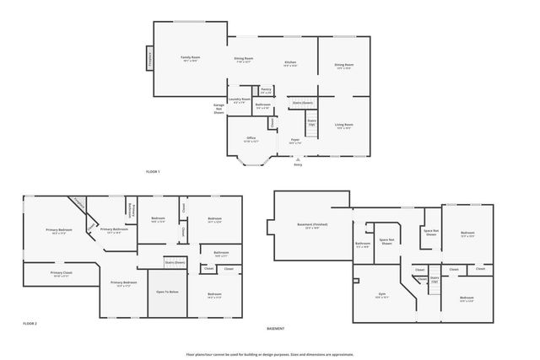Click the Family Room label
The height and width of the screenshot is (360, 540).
tap(189, 58)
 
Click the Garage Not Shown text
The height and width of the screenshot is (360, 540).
tap(219, 109)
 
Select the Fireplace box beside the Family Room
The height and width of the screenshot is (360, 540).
tap(151, 60)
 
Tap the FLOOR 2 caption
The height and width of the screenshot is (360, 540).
tap(30, 323)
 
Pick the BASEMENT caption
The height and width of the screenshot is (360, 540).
tap(275, 328)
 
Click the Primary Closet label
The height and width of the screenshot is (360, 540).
tap(62, 274)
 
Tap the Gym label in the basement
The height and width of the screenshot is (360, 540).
tap(381, 295)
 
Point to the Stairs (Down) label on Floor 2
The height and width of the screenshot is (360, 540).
tap(174, 262)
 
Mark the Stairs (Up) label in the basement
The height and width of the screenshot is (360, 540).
tap(435, 279)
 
